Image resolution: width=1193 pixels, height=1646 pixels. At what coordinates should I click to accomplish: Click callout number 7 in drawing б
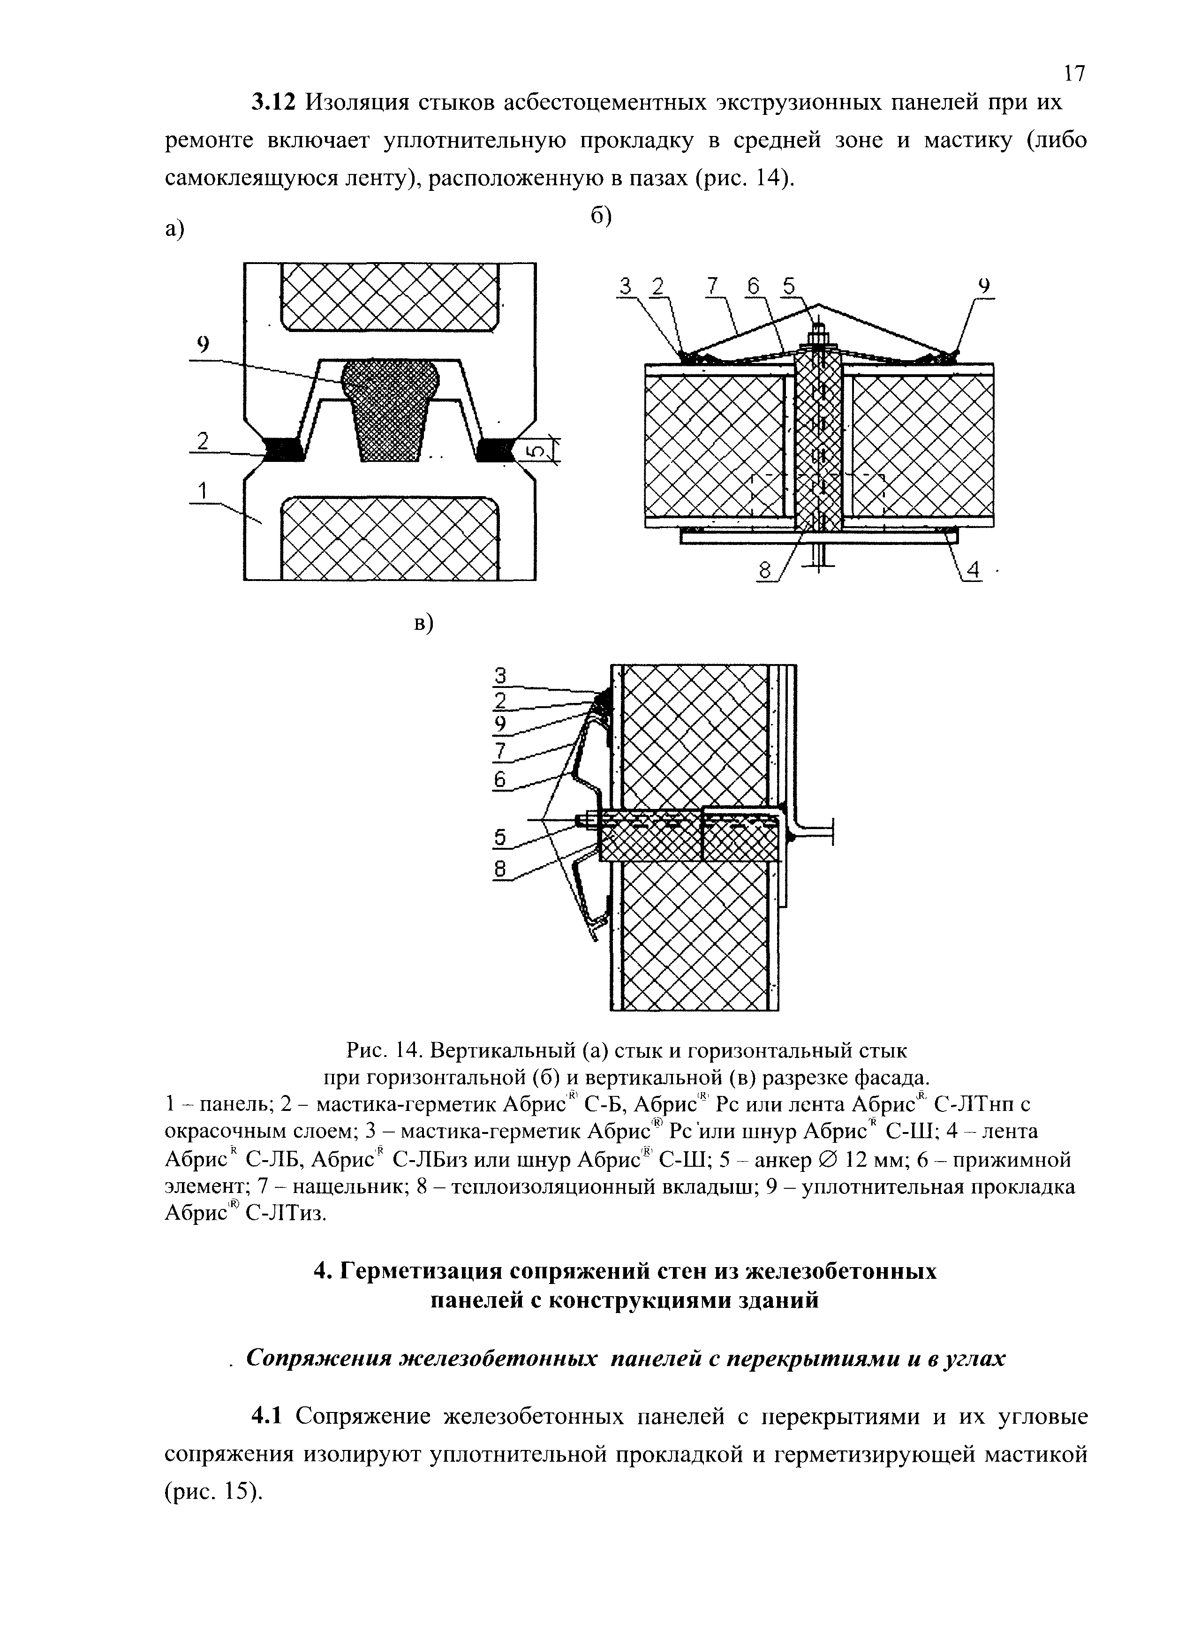coord(713,287)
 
